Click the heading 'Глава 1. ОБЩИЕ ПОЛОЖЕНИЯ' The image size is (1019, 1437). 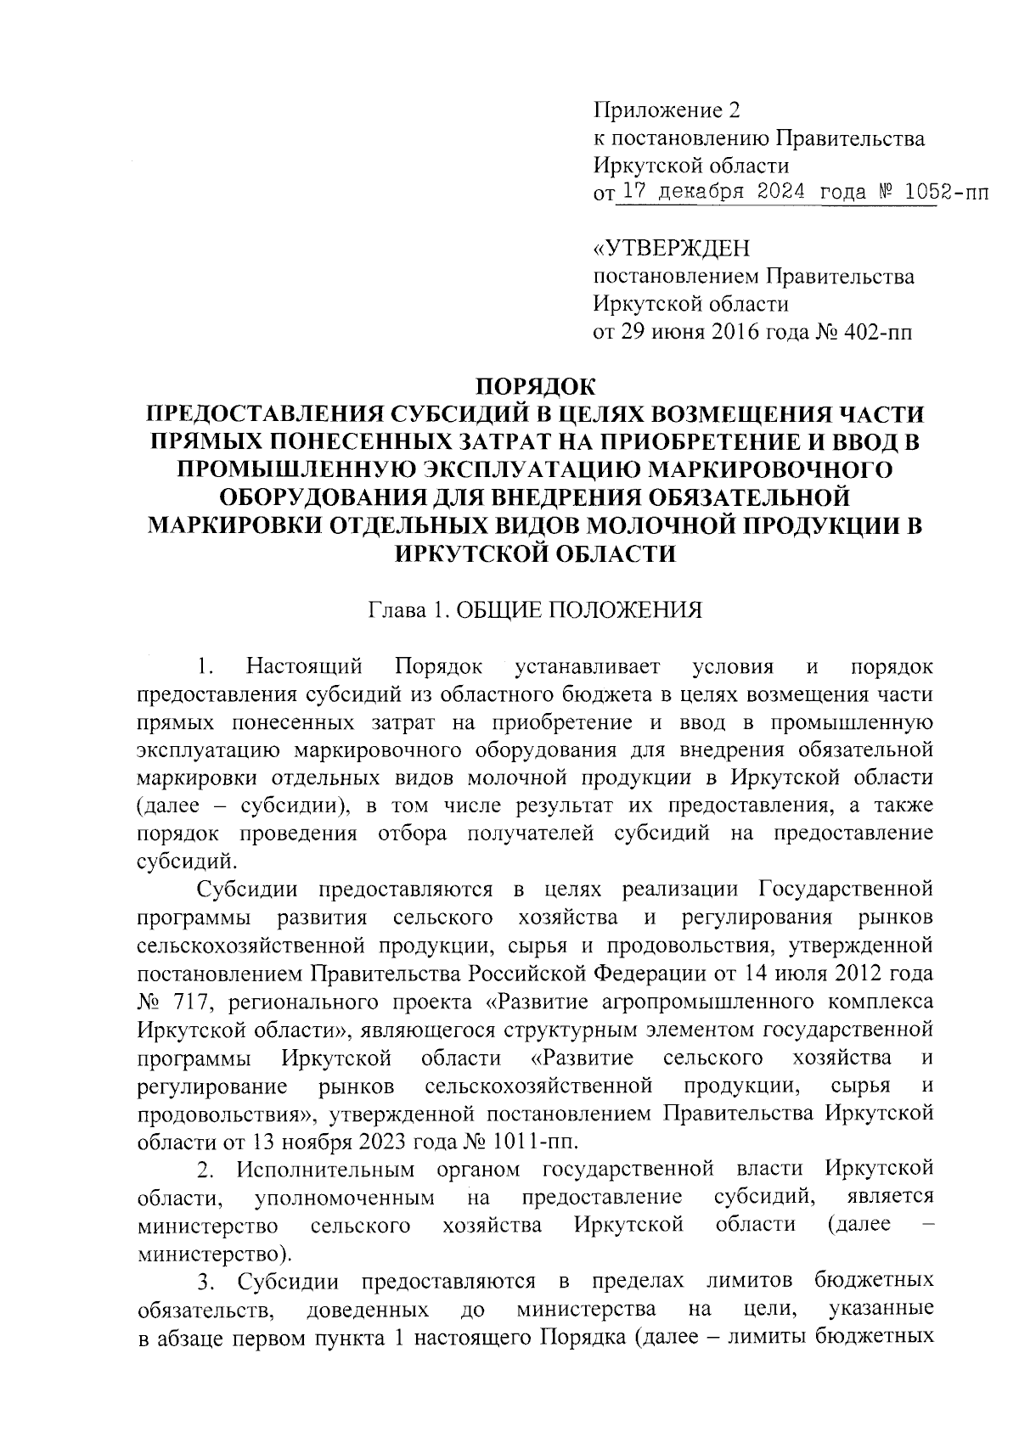pyautogui.click(x=535, y=610)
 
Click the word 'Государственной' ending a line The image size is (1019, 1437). pyautogui.click(x=846, y=890)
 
